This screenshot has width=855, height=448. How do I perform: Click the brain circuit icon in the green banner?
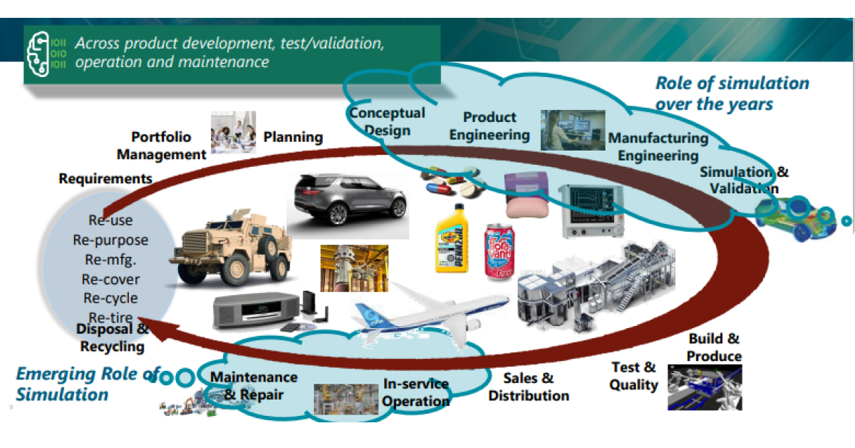pyautogui.click(x=38, y=54)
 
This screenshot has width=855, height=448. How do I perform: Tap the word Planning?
pyautogui.click(x=293, y=137)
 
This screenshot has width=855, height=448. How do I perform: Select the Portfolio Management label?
pyautogui.click(x=162, y=146)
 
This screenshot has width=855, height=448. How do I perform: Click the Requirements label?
pyautogui.click(x=105, y=178)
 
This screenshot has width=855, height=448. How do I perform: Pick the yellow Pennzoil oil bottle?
pyautogui.click(x=452, y=239)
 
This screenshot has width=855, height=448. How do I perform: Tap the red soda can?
pyautogui.click(x=499, y=252)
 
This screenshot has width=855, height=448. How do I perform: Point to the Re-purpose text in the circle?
pyautogui.click(x=110, y=240)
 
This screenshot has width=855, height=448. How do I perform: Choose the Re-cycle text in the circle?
pyautogui.click(x=110, y=297)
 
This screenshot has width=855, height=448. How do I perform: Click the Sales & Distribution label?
pyautogui.click(x=529, y=387)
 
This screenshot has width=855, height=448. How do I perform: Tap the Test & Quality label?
pyautogui.click(x=633, y=376)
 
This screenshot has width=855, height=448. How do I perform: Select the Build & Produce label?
pyautogui.click(x=714, y=347)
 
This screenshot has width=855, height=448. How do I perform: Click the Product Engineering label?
pyautogui.click(x=489, y=126)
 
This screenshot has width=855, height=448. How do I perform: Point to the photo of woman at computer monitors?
pyautogui.click(x=573, y=130)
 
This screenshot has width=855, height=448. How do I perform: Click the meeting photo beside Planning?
pyautogui.click(x=233, y=132)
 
